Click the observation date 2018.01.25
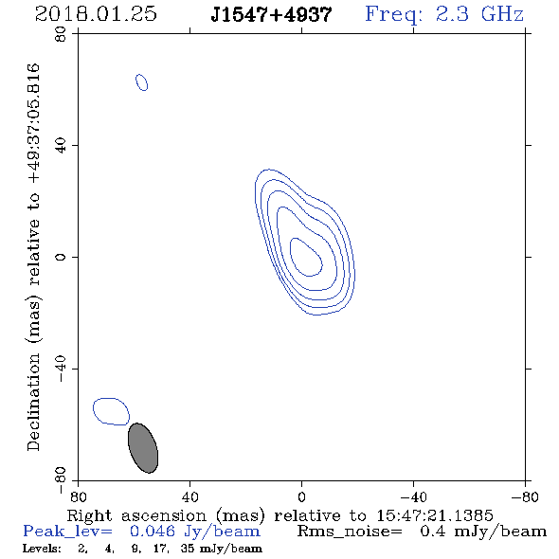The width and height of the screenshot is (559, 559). coord(96,14)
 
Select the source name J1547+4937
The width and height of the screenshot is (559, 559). coord(271,15)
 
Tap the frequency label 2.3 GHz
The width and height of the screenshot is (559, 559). coord(478,14)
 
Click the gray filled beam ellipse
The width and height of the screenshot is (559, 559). coord(143,448)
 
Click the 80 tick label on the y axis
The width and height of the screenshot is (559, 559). coord(61,34)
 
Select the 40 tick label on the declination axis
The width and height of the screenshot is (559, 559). coord(61,146)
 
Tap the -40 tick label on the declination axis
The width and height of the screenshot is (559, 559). coord(61,369)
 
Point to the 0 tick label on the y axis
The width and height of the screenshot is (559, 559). coord(61,257)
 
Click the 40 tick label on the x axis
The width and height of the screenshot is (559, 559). coord(190,496)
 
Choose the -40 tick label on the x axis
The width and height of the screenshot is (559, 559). coord(413,496)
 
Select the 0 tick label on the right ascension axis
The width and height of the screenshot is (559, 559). coord(302,496)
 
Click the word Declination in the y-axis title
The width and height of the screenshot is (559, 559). coord(33,403)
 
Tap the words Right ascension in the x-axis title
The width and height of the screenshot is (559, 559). coord(136,515)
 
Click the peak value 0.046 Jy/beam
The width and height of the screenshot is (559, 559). coord(195,532)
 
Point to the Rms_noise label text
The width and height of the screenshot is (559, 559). coord(350,532)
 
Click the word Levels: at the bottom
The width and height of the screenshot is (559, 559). coord(42,549)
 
